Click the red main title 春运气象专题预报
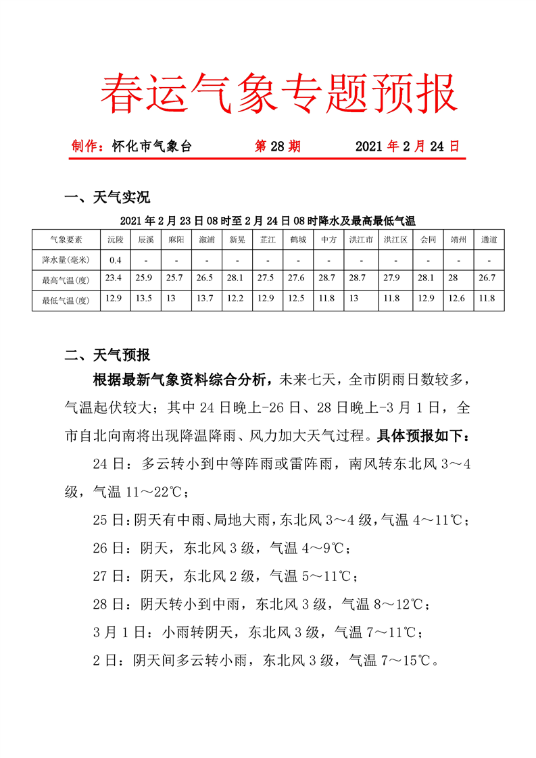coord(278,94)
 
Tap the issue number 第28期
coord(277,146)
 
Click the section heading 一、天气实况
coord(107,197)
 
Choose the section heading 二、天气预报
coord(107,355)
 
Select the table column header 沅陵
coord(116,239)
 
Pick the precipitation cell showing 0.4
coord(116,259)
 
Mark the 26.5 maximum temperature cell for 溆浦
coord(206,279)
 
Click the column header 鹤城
coord(298,239)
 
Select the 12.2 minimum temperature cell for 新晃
coord(237,299)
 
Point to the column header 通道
coord(489,239)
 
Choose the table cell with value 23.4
coord(116,279)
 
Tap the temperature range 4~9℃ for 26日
coord(323,548)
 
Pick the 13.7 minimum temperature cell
coord(206,299)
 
